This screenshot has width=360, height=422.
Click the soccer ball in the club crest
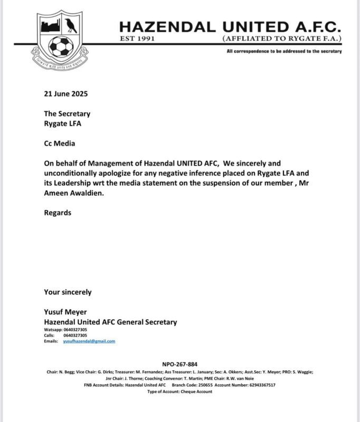pos(61,46)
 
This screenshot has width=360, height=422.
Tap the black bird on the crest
pos(71,25)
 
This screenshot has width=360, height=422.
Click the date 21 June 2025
pos(66,94)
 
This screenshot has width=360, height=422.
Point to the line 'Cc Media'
pos(60,143)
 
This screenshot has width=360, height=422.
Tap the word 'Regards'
pos(58,213)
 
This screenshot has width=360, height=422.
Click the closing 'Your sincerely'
pos(68,292)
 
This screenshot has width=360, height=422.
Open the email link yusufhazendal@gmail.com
pos(89,341)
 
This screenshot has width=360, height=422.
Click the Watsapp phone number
pos(75,330)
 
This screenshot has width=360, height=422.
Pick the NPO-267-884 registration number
pos(179,365)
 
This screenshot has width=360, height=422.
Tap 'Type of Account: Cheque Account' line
pos(179,392)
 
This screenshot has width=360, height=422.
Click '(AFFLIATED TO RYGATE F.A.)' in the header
pos(282,39)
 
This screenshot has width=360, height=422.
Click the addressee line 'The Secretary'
pos(67,113)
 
